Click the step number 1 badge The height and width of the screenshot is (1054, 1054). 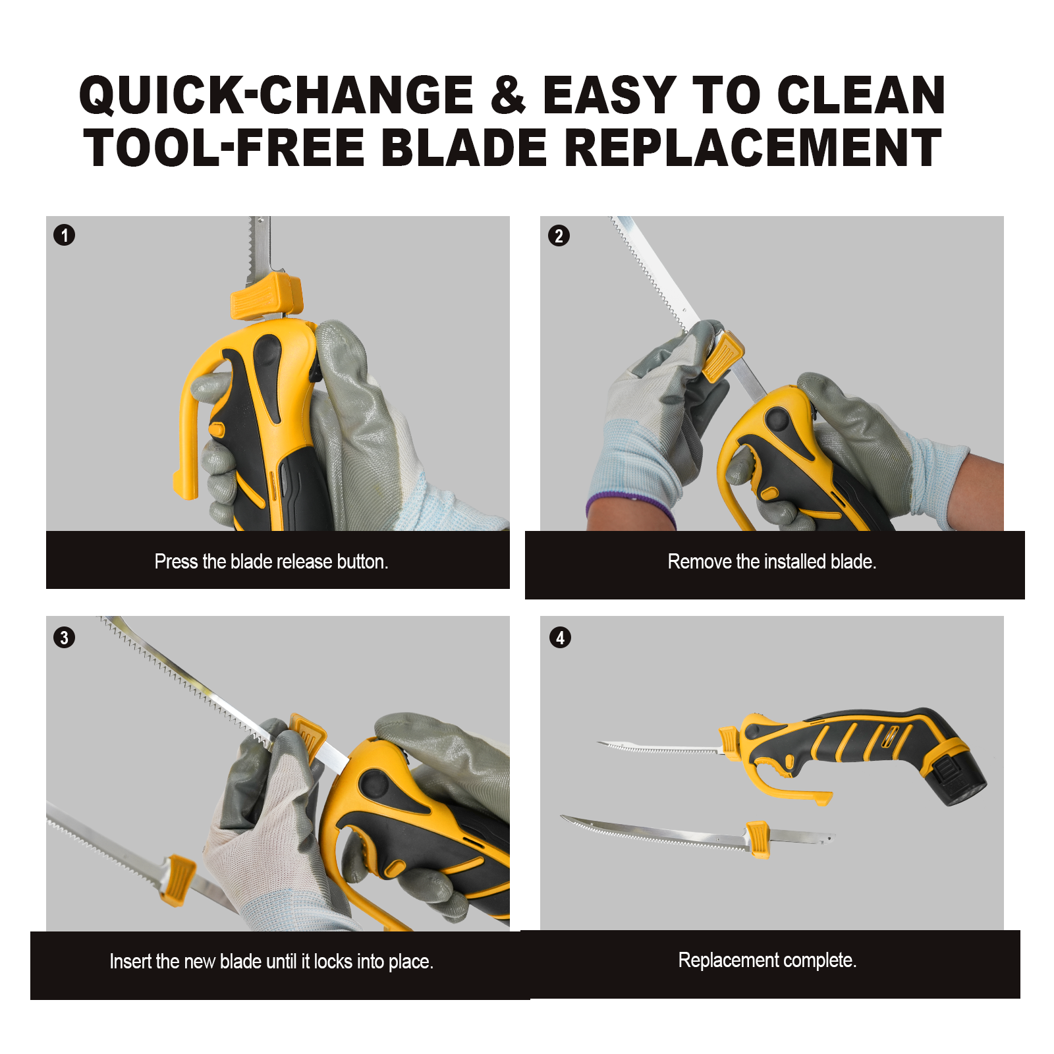pos(64,235)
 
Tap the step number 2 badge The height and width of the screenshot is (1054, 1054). pos(559,236)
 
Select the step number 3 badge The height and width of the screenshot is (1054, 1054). pos(64,638)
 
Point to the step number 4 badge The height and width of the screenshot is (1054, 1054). pos(560,638)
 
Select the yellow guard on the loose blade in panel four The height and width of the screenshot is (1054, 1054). pos(758,839)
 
